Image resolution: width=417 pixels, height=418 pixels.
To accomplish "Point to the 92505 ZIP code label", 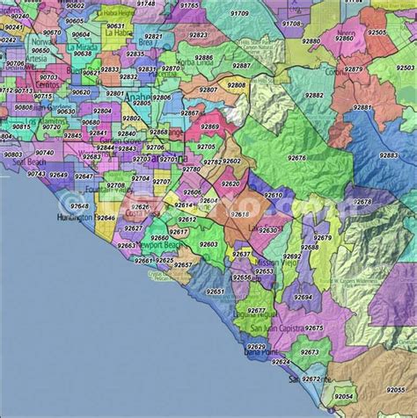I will pyautogui.click(x=377, y=32).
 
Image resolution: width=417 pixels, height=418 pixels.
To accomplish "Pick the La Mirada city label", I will pyautogui.click(x=78, y=41).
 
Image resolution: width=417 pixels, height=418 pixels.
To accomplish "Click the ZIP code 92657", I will pyautogui.click(x=182, y=264).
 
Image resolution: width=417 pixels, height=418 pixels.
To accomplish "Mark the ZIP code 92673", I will pyautogui.click(x=309, y=352).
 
